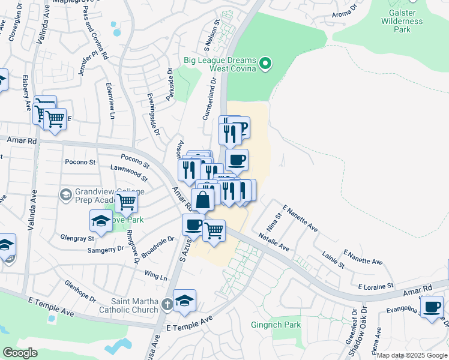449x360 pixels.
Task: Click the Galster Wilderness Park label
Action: [x=402, y=22]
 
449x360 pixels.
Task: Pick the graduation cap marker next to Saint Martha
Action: [x=184, y=300]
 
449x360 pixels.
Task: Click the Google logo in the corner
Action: [x=20, y=353]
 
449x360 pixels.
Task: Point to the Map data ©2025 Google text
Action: [x=412, y=355]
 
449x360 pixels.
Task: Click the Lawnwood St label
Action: [x=129, y=175]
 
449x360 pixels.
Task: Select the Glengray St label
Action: [x=77, y=238]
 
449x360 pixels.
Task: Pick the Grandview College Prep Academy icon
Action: [x=65, y=194]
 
